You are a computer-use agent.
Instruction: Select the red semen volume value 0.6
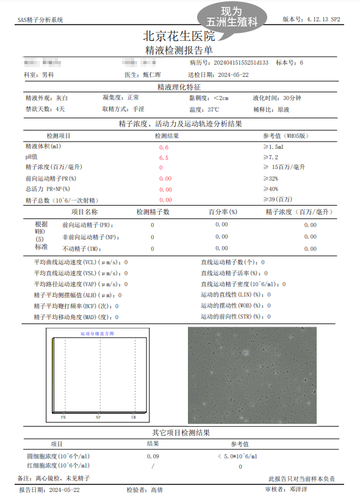tap(164, 148)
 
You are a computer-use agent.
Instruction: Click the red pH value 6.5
tap(164, 158)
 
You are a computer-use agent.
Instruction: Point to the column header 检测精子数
tap(153, 212)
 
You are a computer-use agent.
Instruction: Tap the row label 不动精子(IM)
tap(81, 248)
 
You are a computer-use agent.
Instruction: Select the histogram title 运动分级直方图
tap(97, 334)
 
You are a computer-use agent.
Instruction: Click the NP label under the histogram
tap(98, 417)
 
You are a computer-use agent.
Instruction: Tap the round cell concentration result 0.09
tap(153, 456)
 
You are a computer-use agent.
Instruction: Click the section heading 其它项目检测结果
tap(179, 433)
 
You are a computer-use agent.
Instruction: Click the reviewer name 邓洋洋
tap(298, 490)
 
